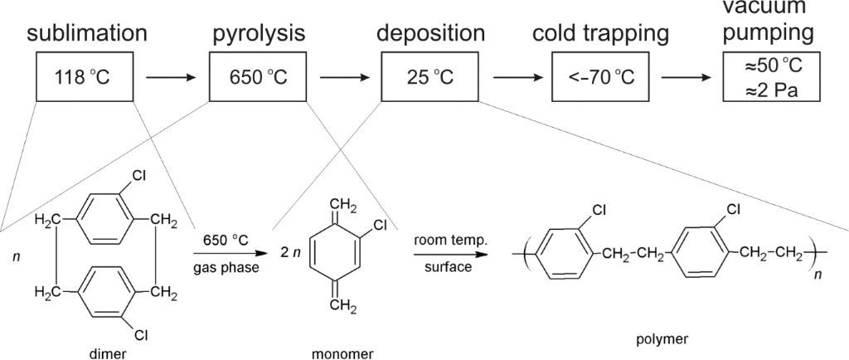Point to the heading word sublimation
coord(87,34)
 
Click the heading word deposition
coord(430,34)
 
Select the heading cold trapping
coord(600,34)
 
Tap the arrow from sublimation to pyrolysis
coord(171,79)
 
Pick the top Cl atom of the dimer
coord(142,177)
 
